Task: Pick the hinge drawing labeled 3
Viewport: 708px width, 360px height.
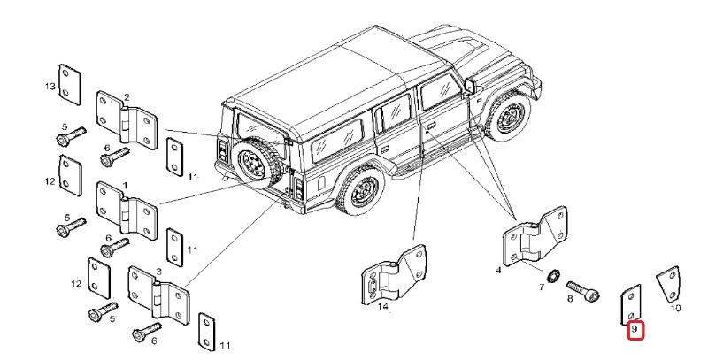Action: (x=159, y=293)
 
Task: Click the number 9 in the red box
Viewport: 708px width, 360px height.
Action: (x=635, y=333)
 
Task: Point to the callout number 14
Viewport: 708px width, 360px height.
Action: (x=382, y=308)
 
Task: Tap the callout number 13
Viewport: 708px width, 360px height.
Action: (x=50, y=85)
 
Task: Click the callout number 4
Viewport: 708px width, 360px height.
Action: (x=498, y=269)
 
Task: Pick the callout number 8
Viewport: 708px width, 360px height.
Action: (x=570, y=301)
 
